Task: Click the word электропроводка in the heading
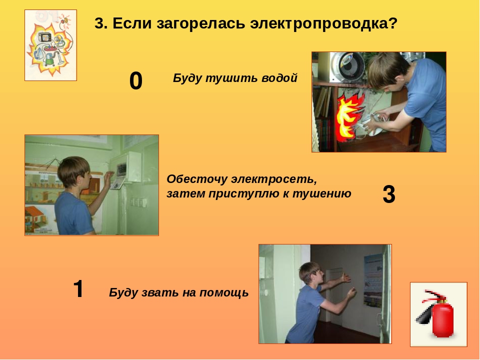323,23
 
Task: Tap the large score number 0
135,81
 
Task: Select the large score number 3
389,194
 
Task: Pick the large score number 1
78,288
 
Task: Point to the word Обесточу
197,179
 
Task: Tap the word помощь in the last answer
224,292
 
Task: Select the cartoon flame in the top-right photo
349,116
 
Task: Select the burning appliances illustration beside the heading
51,45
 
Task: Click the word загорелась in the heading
200,23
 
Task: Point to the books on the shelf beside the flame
324,116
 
